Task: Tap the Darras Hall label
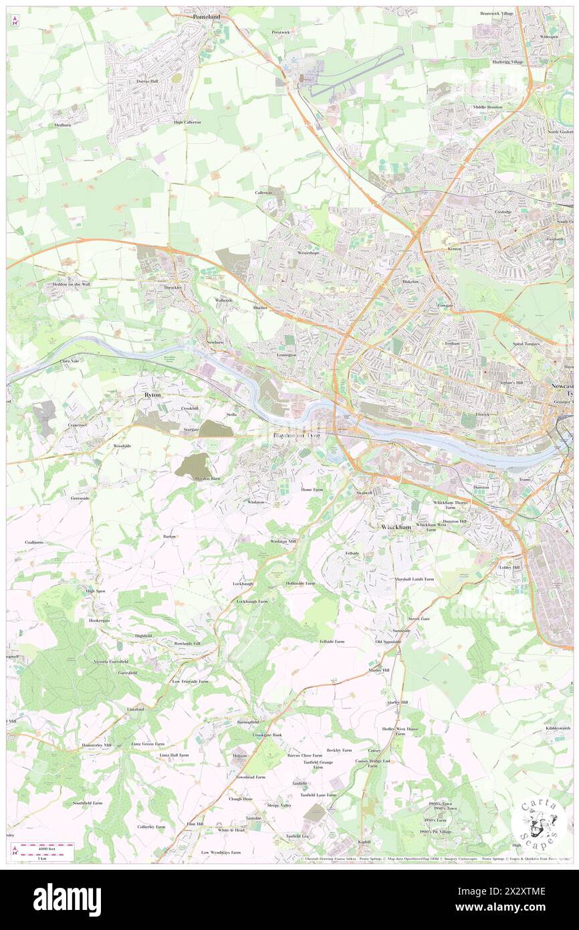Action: click(x=146, y=81)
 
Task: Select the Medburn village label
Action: click(x=64, y=124)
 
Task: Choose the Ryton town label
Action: click(x=152, y=395)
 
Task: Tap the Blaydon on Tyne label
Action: click(x=296, y=436)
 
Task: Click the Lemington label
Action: click(x=286, y=355)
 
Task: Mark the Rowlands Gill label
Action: click(x=187, y=644)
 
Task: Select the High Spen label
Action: click(x=96, y=591)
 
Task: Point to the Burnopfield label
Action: click(x=247, y=723)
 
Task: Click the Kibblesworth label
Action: click(x=558, y=727)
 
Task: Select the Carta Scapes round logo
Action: click(x=540, y=822)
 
